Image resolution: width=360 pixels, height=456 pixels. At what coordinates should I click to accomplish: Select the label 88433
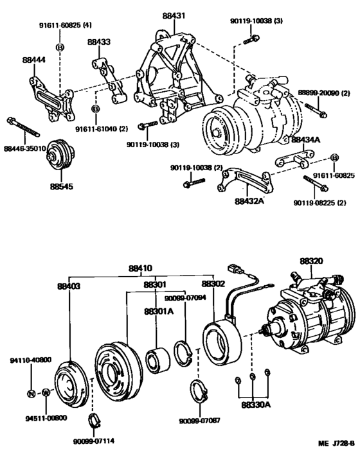pyautogui.click(x=99, y=43)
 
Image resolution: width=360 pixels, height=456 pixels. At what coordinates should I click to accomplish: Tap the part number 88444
pyautogui.click(x=33, y=59)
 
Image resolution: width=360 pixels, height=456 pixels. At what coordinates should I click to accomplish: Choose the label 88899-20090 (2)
pyautogui.click(x=324, y=94)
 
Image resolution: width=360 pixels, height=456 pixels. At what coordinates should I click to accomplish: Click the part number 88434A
pyautogui.click(x=307, y=139)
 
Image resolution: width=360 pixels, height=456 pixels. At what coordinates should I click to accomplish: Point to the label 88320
pyautogui.click(x=313, y=262)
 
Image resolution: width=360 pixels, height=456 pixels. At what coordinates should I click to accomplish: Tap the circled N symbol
pyautogui.click(x=31, y=393)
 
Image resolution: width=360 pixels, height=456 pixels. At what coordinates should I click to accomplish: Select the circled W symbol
pyautogui.click(x=46, y=393)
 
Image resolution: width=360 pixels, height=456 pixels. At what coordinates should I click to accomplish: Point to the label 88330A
pyautogui.click(x=255, y=405)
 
